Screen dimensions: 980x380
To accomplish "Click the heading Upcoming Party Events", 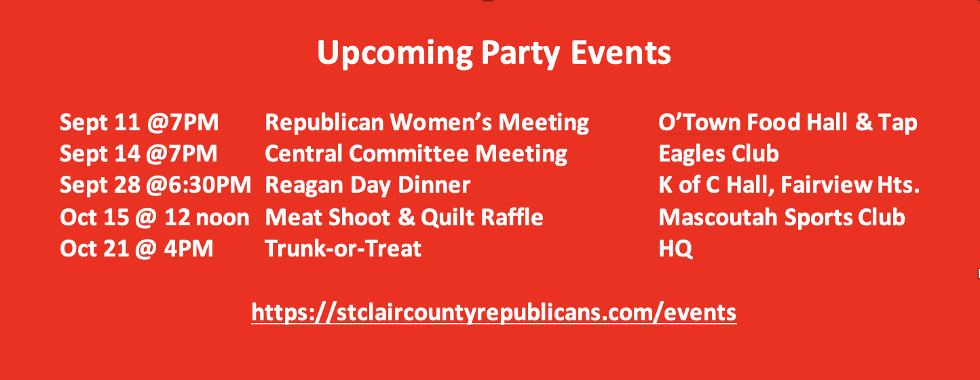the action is [494, 54].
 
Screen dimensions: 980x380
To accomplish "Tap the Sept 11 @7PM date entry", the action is [139, 122].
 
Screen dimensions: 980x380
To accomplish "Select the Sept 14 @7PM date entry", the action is [138, 154].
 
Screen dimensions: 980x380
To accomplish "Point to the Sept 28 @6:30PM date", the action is [155, 185].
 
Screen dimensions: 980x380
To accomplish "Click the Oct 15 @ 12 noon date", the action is [155, 217].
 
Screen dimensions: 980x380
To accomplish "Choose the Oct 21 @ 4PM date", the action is [136, 249].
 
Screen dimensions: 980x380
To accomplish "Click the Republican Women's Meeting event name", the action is [427, 122].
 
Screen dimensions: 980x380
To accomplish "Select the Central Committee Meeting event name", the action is [416, 154].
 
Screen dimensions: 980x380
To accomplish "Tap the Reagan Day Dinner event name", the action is [368, 185].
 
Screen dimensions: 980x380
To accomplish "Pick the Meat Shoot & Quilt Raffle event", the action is [404, 217].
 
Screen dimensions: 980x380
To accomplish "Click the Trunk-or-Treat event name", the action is [343, 249].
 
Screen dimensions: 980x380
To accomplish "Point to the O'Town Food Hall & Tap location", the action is [788, 122].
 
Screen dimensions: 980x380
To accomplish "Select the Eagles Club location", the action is [719, 154].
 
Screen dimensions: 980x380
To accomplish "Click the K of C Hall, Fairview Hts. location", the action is [789, 185].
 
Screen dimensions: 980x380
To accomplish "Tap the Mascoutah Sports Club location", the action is [782, 217].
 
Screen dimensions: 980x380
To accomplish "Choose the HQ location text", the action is [675, 249].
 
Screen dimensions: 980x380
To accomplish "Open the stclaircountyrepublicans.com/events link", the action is [494, 313].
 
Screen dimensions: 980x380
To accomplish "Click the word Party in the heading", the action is [521, 54].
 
